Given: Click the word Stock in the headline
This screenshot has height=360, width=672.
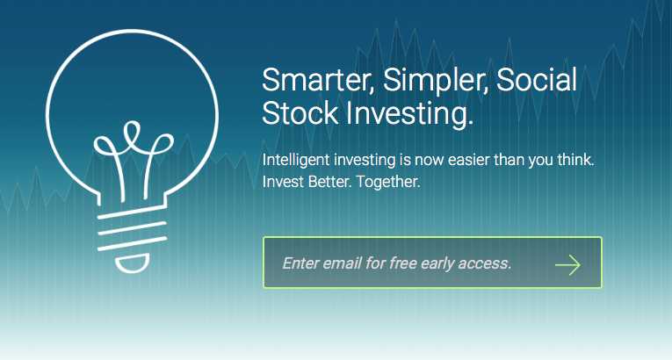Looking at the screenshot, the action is point(300,113).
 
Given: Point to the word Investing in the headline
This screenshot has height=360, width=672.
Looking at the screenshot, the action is point(410,114).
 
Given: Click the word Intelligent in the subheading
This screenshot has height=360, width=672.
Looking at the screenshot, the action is point(296,160).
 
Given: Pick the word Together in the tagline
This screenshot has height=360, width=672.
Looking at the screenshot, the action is point(388,182).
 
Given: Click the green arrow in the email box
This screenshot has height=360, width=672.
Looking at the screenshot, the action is point(567,265).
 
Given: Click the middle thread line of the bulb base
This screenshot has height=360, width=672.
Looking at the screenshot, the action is point(132,228).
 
